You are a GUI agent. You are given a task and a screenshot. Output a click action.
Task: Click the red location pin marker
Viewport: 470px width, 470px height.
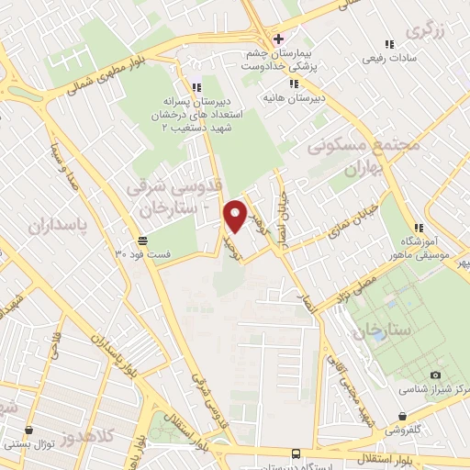(236, 216)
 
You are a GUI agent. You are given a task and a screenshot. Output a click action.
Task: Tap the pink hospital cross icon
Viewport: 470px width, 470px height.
(278, 39)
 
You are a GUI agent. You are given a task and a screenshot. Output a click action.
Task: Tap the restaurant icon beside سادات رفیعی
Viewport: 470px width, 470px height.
(389, 43)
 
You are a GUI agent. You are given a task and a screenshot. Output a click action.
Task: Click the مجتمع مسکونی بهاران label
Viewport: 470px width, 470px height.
(364, 158)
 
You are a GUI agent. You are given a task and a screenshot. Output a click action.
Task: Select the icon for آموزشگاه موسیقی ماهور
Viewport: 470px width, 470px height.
(418, 229)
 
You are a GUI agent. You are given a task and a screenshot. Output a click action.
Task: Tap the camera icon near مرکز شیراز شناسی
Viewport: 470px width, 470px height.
(435, 375)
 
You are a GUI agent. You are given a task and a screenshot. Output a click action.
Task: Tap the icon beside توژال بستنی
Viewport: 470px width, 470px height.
(29, 429)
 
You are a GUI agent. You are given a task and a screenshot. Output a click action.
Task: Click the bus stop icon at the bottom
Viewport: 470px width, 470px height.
(295, 453)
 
